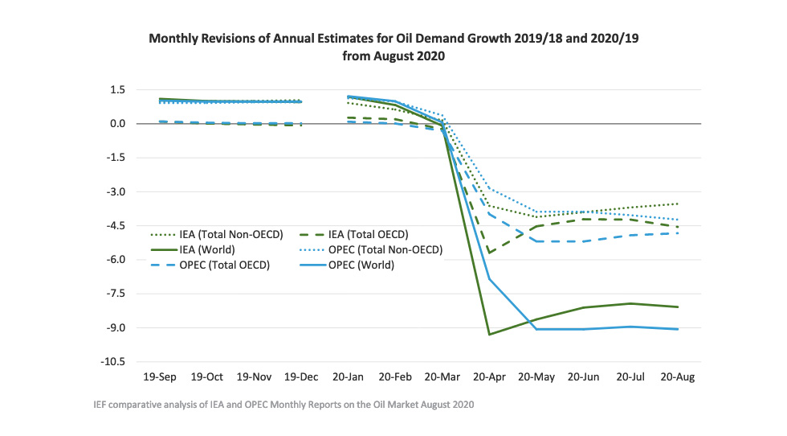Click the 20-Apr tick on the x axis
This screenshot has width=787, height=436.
(x=489, y=376)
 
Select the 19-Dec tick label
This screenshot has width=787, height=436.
(x=300, y=376)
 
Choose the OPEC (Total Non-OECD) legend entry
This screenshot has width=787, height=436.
(x=382, y=250)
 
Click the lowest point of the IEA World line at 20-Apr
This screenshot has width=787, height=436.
(x=489, y=335)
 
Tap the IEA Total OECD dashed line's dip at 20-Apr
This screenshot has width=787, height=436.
(x=489, y=253)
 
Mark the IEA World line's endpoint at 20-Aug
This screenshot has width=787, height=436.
(x=678, y=307)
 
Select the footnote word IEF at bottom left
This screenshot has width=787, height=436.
(x=100, y=405)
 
